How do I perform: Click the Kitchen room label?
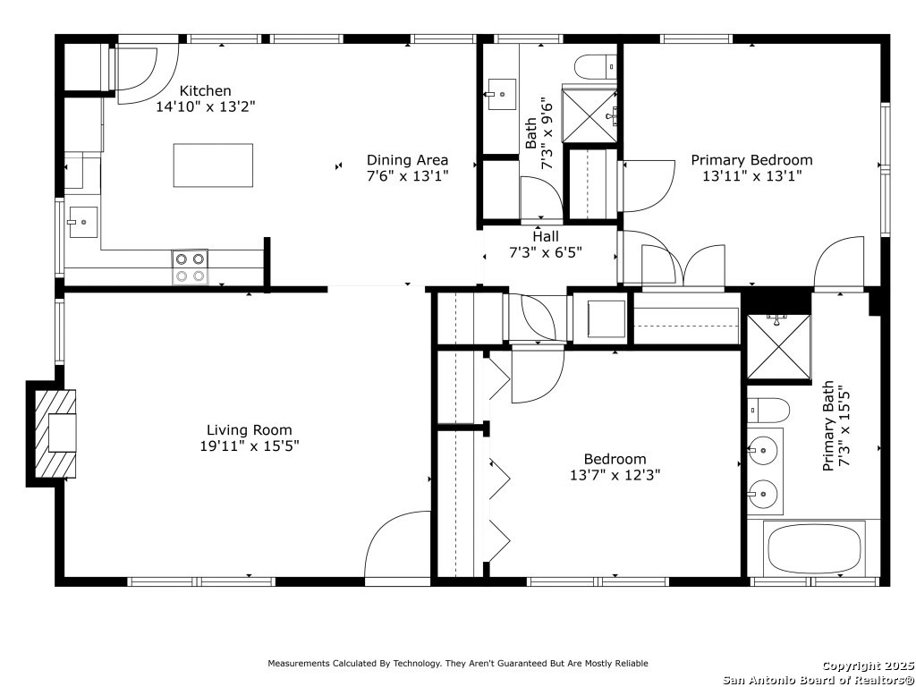click(205, 90)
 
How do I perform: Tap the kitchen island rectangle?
click(213, 165)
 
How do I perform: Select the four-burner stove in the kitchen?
click(190, 267)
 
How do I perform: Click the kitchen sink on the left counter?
click(83, 222)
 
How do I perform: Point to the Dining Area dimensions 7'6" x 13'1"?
click(407, 175)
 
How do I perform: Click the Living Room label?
click(250, 430)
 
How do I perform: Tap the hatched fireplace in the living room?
click(55, 434)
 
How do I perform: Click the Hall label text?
click(546, 236)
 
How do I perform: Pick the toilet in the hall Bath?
click(596, 67)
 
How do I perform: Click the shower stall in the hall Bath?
click(589, 114)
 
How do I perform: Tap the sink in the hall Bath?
click(502, 94)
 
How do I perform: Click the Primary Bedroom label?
click(751, 160)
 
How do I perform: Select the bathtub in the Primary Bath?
click(814, 548)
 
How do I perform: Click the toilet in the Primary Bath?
click(768, 411)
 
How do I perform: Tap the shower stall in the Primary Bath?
click(779, 347)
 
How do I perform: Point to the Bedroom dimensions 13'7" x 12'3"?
click(615, 475)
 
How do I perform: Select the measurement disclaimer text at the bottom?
click(458, 663)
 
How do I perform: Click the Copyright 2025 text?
click(868, 666)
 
